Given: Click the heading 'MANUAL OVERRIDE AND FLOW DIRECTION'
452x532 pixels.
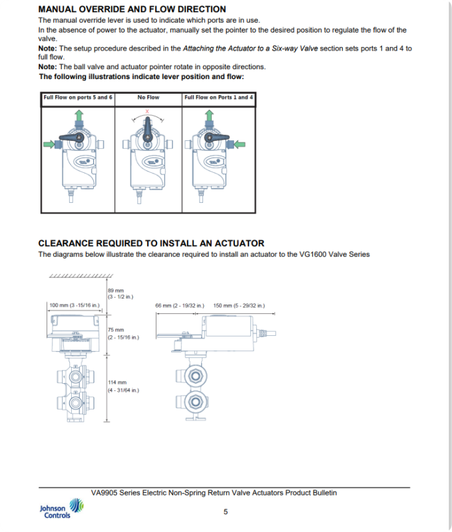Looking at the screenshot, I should [x=132, y=9].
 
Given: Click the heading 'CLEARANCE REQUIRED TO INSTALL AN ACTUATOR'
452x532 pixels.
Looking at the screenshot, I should [x=151, y=243].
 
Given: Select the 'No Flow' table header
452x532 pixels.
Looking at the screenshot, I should [x=148, y=98].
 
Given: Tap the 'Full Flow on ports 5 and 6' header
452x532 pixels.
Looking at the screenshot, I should [x=78, y=98].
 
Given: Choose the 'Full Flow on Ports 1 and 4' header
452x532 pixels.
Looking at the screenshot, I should [x=219, y=98].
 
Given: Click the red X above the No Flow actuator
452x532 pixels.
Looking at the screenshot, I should [x=148, y=112].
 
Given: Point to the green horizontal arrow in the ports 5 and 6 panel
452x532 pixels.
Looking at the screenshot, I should [x=51, y=143].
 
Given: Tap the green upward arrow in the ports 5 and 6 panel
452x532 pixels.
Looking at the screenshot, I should [x=79, y=117].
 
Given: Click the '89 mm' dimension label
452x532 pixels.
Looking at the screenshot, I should [x=116, y=291].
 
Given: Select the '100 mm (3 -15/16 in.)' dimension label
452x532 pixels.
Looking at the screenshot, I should [x=75, y=306].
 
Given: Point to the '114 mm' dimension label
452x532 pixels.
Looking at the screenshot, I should [x=116, y=382].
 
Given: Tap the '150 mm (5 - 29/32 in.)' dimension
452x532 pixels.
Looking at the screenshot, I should [x=239, y=306].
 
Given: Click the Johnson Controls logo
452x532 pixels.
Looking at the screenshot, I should [x=61, y=511].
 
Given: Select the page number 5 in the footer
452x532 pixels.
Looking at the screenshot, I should [x=226, y=511].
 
